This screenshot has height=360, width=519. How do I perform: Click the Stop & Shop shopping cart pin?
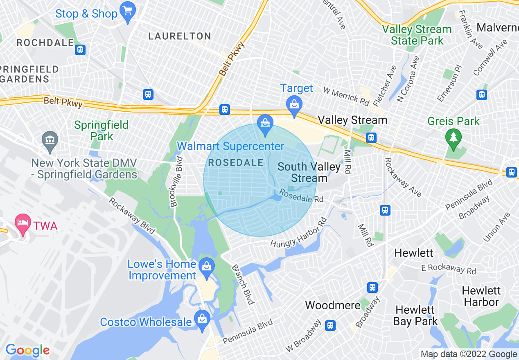tap(128, 12)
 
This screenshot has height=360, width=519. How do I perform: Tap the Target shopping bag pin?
tap(294, 104)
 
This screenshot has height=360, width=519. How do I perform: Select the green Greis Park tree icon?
tap(453, 137)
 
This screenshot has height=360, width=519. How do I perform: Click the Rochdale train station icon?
tap(80, 50)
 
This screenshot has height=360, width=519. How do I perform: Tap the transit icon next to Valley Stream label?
tap(371, 137)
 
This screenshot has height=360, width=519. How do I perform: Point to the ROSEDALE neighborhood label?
tap(236, 162)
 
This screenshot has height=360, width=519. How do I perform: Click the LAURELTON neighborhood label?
tap(180, 36)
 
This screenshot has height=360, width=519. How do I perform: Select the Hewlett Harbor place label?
tap(481, 296)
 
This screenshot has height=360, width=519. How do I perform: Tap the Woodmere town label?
tap(332, 305)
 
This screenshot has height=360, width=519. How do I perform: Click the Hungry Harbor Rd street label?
tap(298, 233)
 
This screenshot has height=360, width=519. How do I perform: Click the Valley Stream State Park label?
tap(417, 35)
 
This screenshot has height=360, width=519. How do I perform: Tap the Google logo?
tap(27, 350)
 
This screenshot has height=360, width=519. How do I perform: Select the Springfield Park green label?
tap(102, 130)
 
